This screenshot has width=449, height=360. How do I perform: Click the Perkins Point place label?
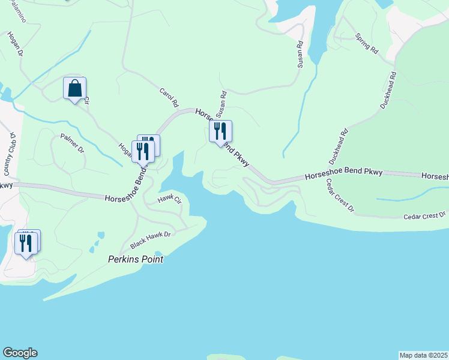point(136,260)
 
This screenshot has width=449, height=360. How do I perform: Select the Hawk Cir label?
point(169,200)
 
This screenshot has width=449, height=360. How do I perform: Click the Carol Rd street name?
point(169,98)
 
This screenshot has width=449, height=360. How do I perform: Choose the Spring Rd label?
point(366,44)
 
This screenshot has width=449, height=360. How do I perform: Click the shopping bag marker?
point(75,89)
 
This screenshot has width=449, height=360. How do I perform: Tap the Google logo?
point(20,353)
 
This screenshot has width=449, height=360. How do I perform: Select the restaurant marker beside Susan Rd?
point(220,131)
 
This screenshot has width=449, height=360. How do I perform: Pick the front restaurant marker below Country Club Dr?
point(26,244)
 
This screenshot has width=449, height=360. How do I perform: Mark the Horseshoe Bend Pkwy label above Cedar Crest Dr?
point(343,175)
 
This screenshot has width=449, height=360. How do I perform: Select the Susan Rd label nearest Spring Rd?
point(300,54)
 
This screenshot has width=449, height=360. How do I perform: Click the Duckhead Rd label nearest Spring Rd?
point(388,91)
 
